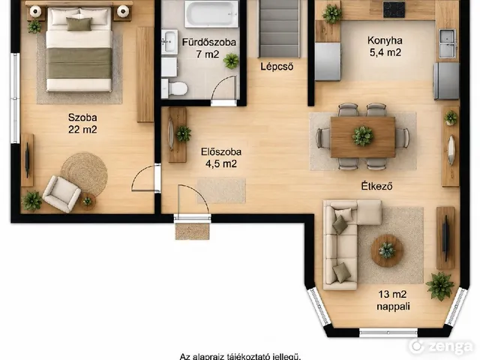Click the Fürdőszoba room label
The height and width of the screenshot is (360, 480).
pos(209,42)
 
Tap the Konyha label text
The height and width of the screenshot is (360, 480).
pos(385,40)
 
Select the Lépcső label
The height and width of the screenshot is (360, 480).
pos(277,67)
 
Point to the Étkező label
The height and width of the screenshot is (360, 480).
pos(376,186)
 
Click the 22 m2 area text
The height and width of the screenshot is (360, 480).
pos(82,130)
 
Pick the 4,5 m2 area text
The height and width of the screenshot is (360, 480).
pos(221,163)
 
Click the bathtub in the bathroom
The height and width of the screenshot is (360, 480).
pos(211,13)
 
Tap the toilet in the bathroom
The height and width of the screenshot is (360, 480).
pos(175,88)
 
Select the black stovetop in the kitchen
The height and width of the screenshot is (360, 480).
pos(394,10)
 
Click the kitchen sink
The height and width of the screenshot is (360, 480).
pos(448,43)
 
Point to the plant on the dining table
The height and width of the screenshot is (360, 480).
pos(363,136)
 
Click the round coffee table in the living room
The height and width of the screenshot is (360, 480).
pos(387,250)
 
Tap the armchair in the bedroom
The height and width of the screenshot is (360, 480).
pos(61,193)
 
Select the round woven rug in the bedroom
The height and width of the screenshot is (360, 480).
pos(84,173)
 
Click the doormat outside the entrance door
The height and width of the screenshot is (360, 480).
pos(192,231)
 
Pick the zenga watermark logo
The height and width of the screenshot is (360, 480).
pos(441,346)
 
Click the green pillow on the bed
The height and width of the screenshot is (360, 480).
pos(79,24)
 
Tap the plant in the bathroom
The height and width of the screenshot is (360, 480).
pos(231,61)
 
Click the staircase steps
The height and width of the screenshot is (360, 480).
pos(279,28)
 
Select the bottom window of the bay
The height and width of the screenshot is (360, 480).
pos(388,333)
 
